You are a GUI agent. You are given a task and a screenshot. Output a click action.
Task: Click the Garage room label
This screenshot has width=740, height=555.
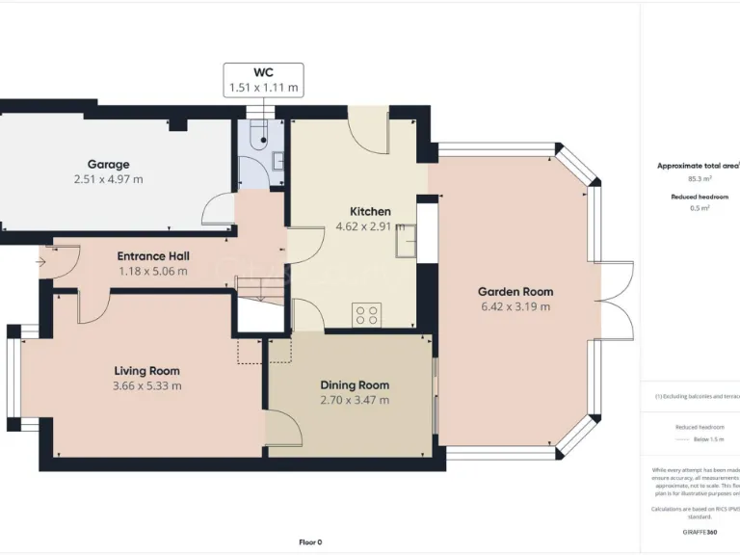108,164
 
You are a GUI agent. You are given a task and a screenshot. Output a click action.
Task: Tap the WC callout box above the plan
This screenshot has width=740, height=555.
263,79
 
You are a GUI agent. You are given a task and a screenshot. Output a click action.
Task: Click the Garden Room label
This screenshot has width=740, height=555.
515,292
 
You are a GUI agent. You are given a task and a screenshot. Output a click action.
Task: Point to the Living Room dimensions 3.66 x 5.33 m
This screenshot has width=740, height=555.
147,385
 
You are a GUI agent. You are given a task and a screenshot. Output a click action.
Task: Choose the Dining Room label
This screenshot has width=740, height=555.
355,384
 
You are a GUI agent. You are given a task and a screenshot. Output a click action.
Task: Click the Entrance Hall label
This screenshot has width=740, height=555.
153,256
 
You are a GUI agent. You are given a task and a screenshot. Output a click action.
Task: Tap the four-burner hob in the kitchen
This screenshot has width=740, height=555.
367,314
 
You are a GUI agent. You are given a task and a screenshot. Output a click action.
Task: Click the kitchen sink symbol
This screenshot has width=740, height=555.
406,245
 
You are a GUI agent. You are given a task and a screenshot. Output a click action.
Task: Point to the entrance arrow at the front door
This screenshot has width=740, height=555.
43,260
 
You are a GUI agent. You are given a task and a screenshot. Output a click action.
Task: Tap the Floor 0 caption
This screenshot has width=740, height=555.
310,542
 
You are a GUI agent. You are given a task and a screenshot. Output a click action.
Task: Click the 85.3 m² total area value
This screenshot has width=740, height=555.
699,179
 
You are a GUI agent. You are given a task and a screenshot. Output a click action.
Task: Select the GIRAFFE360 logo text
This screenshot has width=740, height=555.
699,532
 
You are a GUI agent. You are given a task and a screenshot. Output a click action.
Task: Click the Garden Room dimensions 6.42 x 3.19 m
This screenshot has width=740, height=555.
515,306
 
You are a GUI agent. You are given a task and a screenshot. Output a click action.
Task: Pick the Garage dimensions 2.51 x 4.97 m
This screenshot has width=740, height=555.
108,179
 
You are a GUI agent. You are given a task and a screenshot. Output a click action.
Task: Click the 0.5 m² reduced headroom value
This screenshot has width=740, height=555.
699,208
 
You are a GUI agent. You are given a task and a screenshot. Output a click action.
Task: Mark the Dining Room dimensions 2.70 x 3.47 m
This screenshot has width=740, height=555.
355,400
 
